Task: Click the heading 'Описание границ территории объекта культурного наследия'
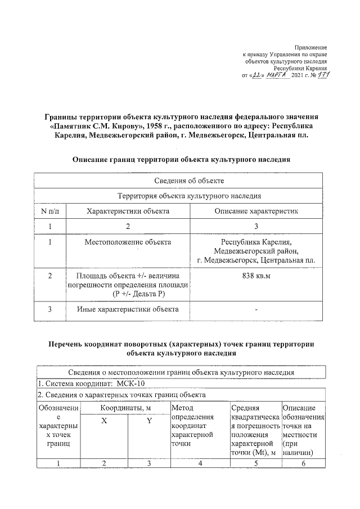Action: click(181, 159)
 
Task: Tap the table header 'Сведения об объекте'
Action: click(181, 181)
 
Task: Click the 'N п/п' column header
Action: click(50, 211)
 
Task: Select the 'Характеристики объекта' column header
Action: click(128, 211)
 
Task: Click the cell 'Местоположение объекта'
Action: click(128, 242)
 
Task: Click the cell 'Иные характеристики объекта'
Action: click(128, 309)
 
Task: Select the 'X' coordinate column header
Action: click(104, 421)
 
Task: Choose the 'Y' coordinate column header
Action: click(148, 421)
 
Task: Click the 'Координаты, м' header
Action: click(126, 407)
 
